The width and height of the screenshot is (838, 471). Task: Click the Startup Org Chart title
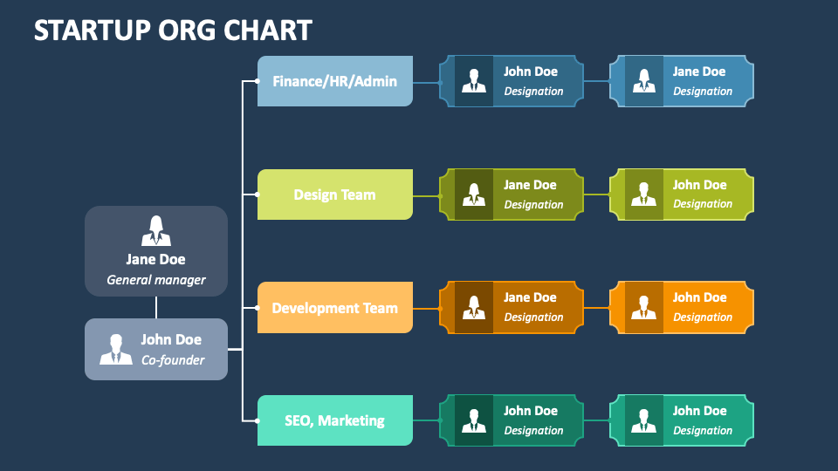click(173, 30)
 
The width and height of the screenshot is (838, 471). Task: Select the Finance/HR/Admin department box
click(335, 81)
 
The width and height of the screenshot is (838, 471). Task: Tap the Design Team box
click(335, 195)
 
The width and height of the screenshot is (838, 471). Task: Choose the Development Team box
click(335, 308)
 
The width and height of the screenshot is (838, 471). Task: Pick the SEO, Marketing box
click(335, 420)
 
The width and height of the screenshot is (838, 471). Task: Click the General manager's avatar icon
click(156, 230)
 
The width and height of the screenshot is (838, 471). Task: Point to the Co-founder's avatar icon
click(116, 350)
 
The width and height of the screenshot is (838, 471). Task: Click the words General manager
click(156, 280)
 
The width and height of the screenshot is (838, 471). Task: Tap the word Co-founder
click(173, 360)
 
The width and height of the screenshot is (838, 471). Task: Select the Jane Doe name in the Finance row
click(699, 72)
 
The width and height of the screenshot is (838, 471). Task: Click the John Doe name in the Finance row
click(531, 72)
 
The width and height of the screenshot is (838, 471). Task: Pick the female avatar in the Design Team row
click(473, 195)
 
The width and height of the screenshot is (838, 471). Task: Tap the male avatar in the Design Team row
click(643, 195)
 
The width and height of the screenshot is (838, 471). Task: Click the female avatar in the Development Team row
click(473, 308)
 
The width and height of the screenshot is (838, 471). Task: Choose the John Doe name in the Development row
click(699, 297)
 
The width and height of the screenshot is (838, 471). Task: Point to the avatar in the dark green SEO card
click(473, 420)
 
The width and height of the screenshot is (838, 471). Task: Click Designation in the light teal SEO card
click(703, 430)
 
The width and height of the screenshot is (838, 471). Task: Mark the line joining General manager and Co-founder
click(156, 308)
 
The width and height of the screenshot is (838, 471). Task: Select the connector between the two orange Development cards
click(596, 308)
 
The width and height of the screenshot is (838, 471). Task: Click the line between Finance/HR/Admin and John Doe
click(426, 83)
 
